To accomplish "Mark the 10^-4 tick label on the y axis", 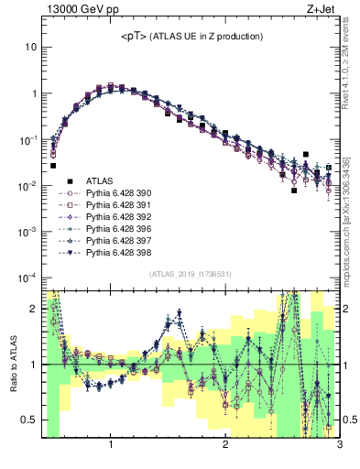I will (27, 278).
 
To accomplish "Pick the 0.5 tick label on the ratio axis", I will (28, 420).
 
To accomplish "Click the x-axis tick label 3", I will (339, 446).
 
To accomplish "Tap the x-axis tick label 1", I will (111, 446).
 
